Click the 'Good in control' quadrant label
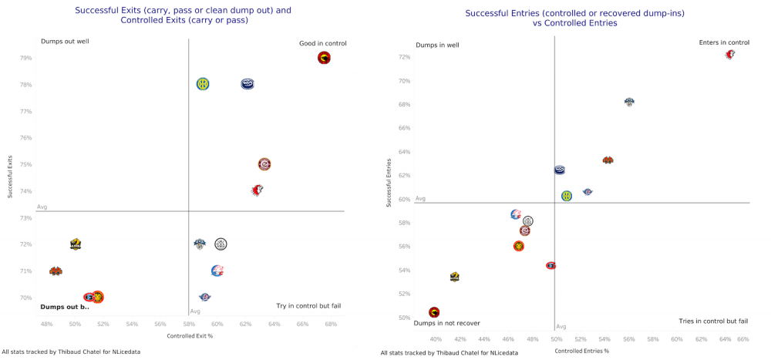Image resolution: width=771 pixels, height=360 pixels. point(322,43)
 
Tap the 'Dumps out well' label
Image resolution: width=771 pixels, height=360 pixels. point(65,41)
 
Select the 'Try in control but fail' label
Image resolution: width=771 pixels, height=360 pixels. point(308,306)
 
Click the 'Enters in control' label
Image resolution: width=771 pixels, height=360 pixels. point(723,42)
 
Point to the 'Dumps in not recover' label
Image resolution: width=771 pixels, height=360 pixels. point(447,323)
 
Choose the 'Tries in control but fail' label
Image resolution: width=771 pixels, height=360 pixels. point(713,321)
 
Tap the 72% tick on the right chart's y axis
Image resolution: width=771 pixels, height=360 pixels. point(405,57)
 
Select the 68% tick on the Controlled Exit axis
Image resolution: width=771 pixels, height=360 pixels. point(330,324)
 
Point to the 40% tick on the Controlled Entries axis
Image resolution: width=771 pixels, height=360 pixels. point(436,339)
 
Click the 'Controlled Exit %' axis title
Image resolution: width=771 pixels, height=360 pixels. point(190,336)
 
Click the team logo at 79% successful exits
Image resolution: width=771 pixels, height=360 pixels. point(324,58)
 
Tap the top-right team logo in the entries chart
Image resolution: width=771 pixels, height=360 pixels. point(729,54)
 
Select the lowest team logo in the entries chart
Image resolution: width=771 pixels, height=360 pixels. point(434,312)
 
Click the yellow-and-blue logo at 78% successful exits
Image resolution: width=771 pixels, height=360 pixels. point(203,84)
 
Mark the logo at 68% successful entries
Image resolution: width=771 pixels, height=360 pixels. point(629,102)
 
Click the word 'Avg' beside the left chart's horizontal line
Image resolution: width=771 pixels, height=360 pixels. point(42,207)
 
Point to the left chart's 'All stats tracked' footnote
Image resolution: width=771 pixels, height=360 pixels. point(71,352)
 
